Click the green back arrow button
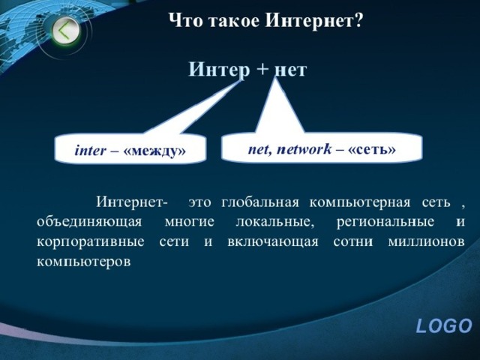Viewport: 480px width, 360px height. pos(65,31)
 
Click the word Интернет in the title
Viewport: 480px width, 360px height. pos(313,22)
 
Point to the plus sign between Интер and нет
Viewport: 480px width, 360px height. pos(262,70)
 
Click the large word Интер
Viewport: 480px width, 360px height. pos(219,70)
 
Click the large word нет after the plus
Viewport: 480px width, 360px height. pos(290,70)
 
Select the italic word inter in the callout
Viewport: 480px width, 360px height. pos(91,150)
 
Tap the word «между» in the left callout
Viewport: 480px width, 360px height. pos(154,151)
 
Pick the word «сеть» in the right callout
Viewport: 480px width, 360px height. pos(372,149)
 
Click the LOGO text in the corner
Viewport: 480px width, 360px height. pos(444,325)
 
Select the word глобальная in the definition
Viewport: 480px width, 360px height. pos(260,202)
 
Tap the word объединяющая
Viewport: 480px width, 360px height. pos(89,222)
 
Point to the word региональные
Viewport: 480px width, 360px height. pos(385,222)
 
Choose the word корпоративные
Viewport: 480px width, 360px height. pos(90,241)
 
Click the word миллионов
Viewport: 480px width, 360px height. pos(427,241)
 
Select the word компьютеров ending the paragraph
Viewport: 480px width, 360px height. pos(83,262)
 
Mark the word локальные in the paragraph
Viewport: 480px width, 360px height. pos(275,222)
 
